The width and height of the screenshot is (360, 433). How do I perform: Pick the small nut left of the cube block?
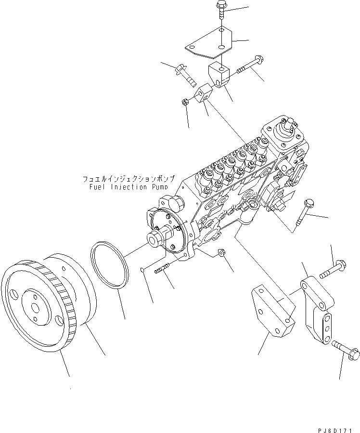pyautogui.click(x=185, y=102)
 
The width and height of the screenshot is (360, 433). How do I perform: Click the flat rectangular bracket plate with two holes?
pyautogui.click(x=271, y=311)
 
